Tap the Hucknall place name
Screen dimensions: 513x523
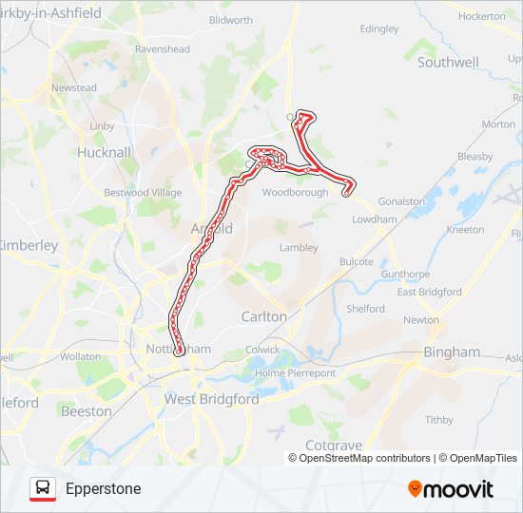point(104,152)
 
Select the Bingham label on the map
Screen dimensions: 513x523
point(452,351)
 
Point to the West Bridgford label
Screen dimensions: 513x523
point(211,399)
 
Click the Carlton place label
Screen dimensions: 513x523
point(263,316)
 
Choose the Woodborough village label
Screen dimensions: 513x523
point(295,192)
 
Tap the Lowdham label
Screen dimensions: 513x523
point(374,218)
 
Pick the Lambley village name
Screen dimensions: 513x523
point(298,247)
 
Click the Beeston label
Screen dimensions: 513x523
point(86,411)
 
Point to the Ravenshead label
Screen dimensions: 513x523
point(163,48)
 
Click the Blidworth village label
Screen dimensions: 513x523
point(230,20)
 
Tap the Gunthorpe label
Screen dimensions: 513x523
point(406,274)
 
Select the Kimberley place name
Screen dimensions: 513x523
point(29,245)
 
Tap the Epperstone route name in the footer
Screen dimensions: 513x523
point(104,489)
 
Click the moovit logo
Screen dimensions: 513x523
point(451,488)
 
